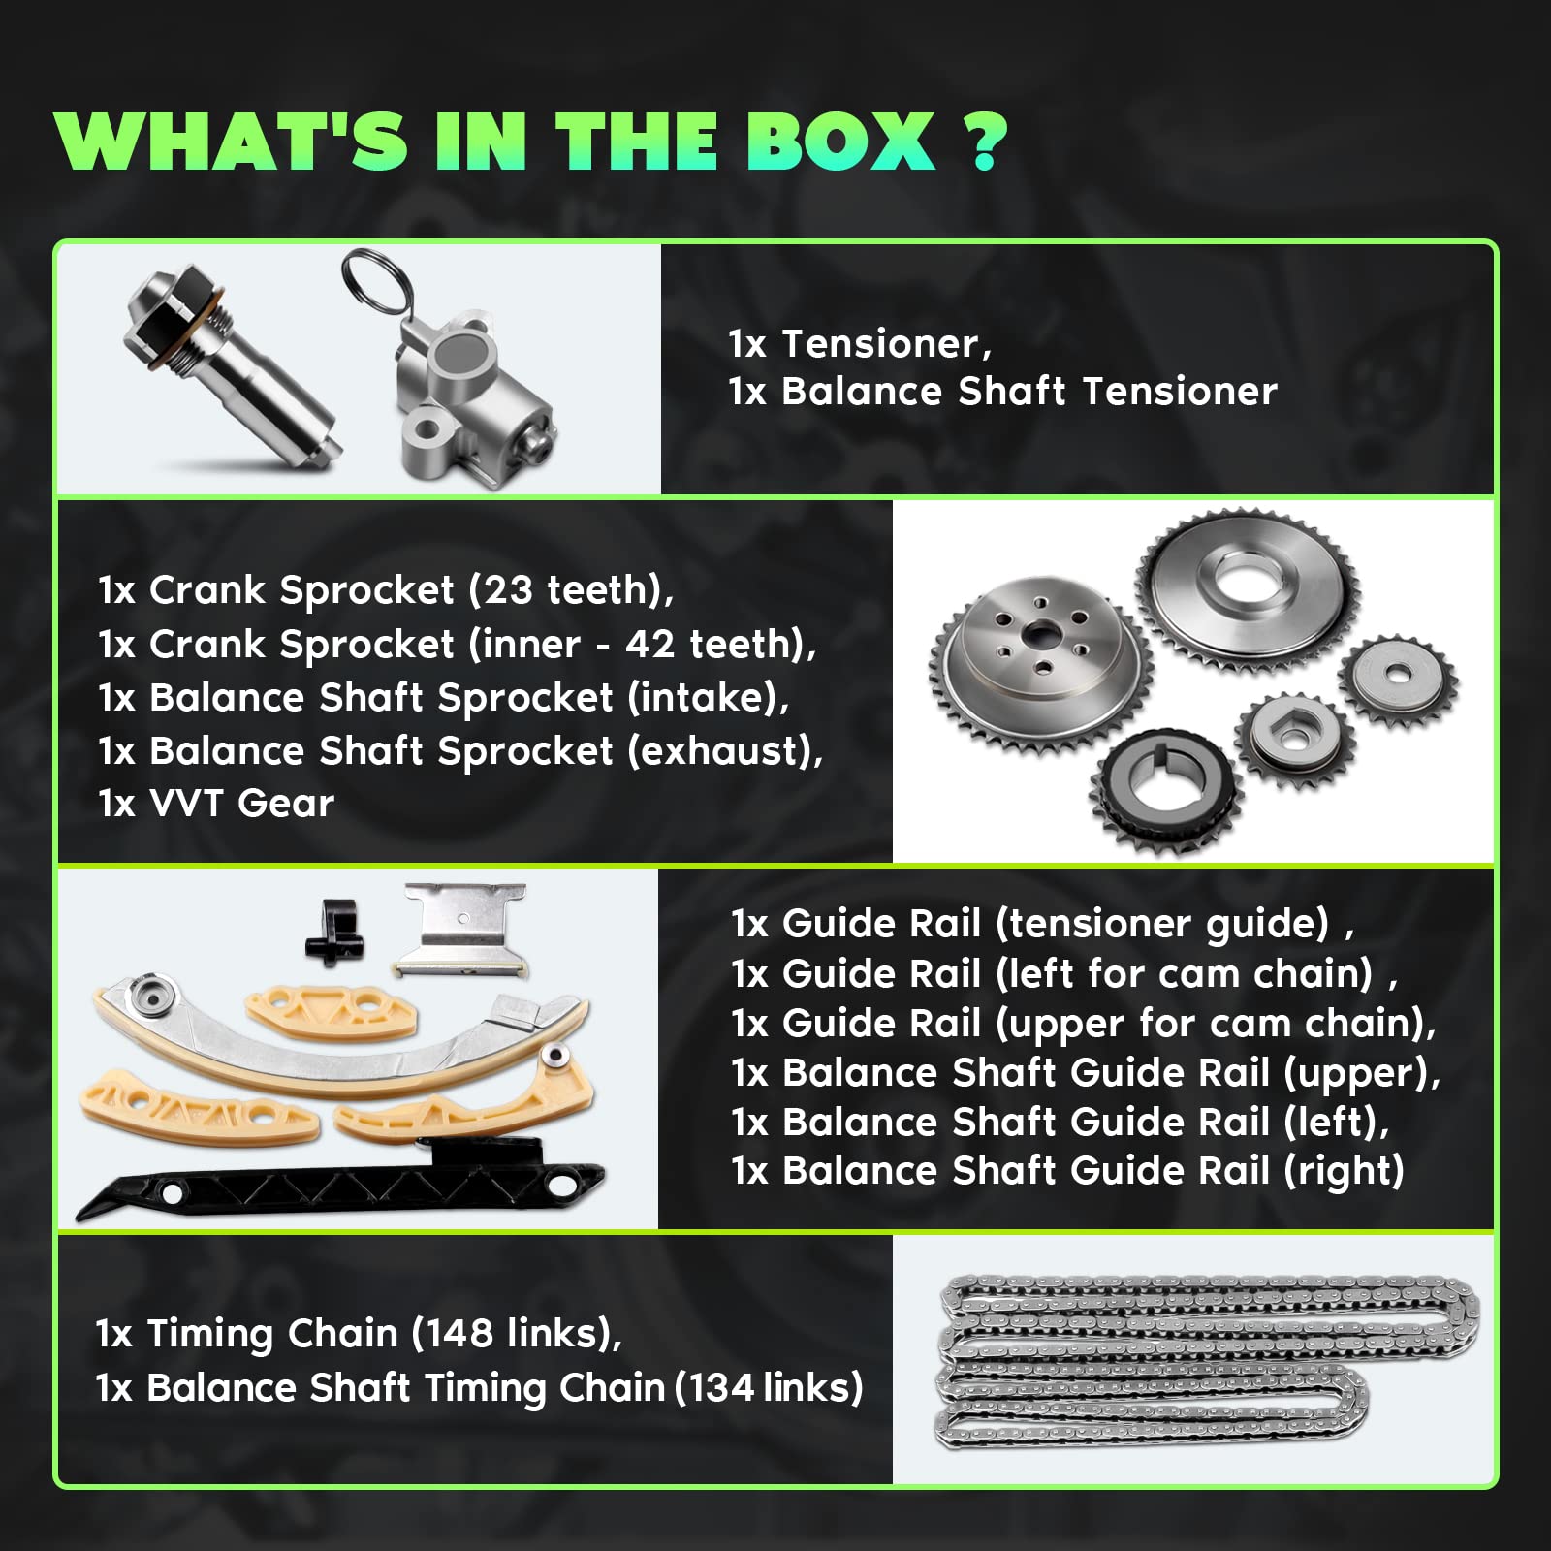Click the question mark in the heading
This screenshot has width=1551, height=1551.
click(x=985, y=142)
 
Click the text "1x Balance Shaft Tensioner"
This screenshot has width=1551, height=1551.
click(x=1002, y=392)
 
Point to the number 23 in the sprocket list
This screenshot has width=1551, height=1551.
click(x=508, y=589)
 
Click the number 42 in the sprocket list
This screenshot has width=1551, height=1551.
click(x=649, y=644)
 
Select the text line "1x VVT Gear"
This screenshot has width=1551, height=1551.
click(x=216, y=803)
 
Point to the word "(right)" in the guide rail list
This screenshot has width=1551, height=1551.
click(x=1344, y=1171)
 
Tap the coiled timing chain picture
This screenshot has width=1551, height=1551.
click(x=1207, y=1362)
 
